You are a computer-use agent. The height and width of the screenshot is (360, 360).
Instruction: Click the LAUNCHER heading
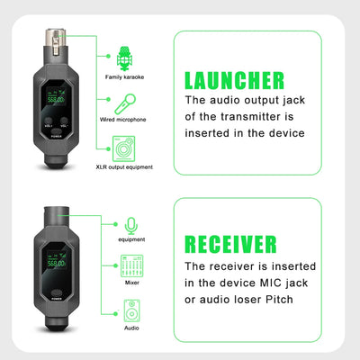235,80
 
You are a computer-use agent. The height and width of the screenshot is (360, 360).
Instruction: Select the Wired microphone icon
124,101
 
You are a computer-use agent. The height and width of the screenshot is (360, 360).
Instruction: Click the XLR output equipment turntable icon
124,146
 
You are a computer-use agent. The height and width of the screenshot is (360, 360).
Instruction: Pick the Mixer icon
131,265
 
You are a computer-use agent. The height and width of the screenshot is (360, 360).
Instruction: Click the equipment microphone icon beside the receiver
131,224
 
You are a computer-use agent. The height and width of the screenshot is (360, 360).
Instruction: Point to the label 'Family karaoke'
124,78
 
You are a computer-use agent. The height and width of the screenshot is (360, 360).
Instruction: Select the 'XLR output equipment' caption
124,167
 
